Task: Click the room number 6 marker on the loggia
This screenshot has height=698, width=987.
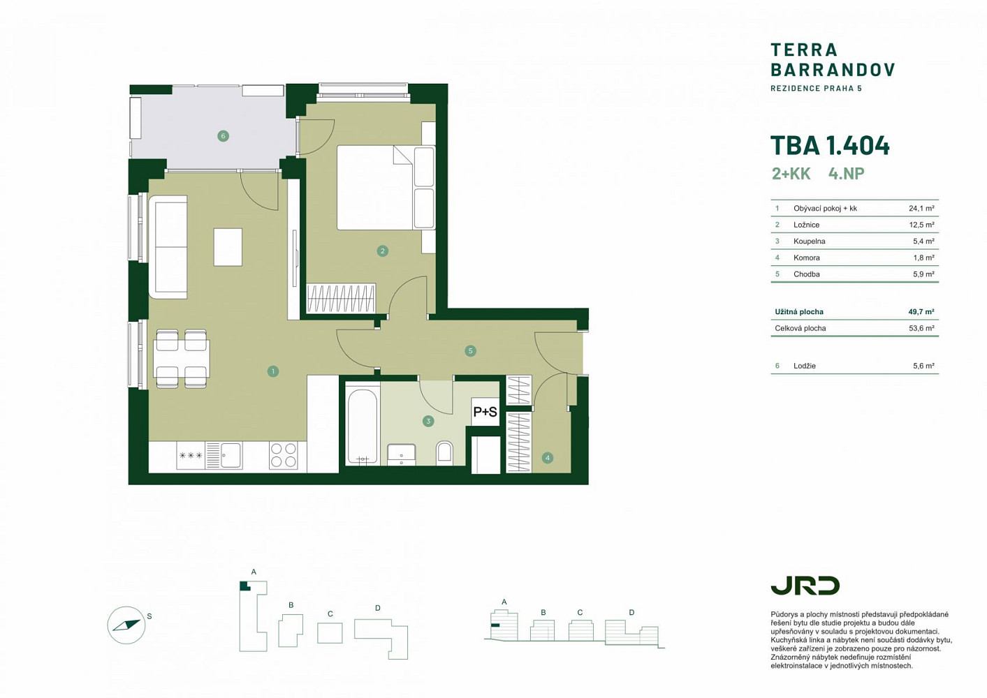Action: (x=223, y=136)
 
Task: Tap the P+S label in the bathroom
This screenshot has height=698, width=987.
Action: (x=485, y=412)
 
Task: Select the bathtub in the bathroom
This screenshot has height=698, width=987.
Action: (x=363, y=426)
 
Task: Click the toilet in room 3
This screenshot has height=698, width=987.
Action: (x=444, y=453)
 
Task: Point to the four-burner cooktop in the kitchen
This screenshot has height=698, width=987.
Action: (x=284, y=455)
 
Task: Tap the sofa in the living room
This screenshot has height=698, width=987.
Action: (x=168, y=247)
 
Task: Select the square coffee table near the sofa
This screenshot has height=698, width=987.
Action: (x=228, y=247)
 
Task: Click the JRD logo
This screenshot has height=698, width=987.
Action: (x=805, y=586)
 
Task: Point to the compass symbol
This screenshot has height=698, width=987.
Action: (x=126, y=625)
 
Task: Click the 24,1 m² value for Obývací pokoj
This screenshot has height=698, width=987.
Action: (x=921, y=208)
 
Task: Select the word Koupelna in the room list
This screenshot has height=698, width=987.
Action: (x=810, y=242)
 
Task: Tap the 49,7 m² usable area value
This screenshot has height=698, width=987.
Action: (x=921, y=312)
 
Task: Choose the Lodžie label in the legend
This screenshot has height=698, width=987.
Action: (x=805, y=366)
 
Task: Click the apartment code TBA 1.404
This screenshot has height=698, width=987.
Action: (x=830, y=145)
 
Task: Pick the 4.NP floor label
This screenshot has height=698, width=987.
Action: (x=847, y=174)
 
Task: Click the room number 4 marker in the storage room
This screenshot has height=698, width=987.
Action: (x=548, y=458)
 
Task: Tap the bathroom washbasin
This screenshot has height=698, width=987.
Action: (x=402, y=454)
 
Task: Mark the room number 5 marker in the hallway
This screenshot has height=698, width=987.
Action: (x=471, y=351)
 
